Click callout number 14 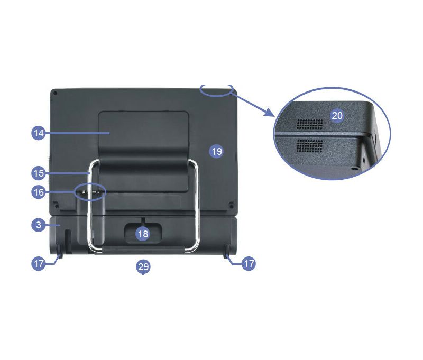coord(39,133)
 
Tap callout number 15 coord(39,173)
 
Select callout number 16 coord(39,192)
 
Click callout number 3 coord(39,225)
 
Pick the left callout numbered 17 coord(39,263)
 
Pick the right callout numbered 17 coord(249,263)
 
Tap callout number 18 coord(143,234)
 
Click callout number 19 coord(217,151)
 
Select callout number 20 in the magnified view coord(337,116)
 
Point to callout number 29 coord(143,267)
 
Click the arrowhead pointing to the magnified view coord(270,112)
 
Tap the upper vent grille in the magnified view coord(310,124)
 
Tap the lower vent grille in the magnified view coord(310,146)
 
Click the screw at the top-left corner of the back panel coord(55,93)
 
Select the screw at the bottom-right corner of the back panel coord(231,206)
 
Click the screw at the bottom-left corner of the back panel coord(57,206)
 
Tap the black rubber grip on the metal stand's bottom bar coord(143,250)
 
